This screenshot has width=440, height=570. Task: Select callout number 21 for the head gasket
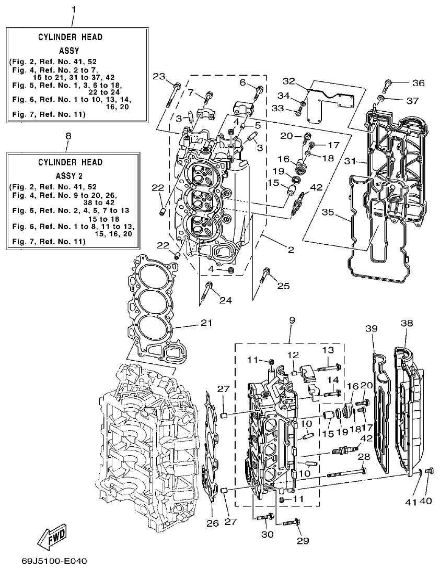click(207, 323)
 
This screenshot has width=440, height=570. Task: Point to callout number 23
click(159, 77)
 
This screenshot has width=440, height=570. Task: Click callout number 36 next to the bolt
click(419, 83)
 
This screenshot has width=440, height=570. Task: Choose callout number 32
click(290, 81)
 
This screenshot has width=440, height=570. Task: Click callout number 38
click(407, 323)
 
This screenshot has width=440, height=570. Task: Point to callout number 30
click(267, 534)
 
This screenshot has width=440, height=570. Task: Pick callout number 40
click(426, 502)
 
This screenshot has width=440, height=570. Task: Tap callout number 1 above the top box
click(73, 9)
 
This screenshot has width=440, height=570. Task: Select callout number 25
click(283, 286)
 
